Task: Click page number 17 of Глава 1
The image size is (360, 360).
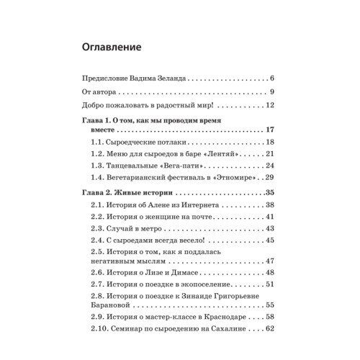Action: coord(271,130)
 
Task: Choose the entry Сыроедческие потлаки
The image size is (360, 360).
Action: coord(148,143)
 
